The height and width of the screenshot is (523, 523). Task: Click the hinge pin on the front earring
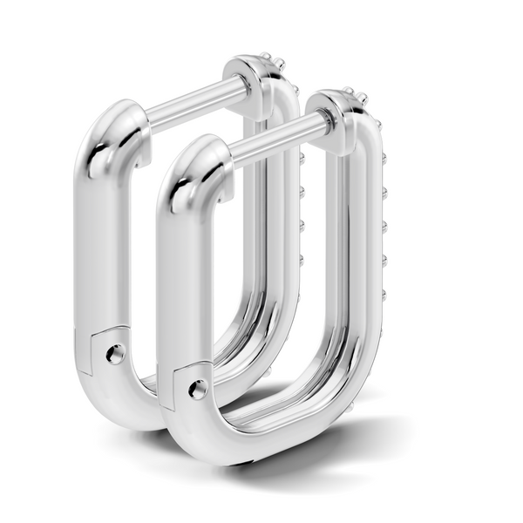(x=198, y=390)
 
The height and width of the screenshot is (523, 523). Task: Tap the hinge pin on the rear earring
(x=114, y=354)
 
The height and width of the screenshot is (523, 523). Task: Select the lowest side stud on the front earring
(x=384, y=293)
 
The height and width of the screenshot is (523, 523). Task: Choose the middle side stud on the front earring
(x=384, y=225)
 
